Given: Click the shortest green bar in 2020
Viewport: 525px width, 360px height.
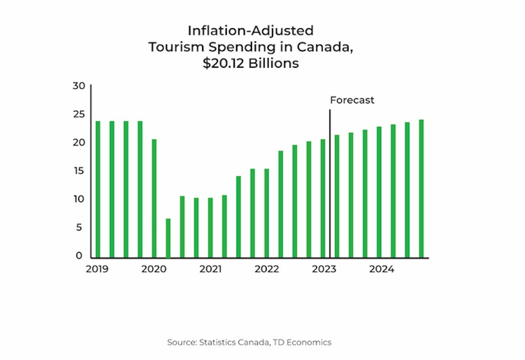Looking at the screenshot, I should point(168,238).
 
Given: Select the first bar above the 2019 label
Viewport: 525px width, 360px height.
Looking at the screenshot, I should point(98,189).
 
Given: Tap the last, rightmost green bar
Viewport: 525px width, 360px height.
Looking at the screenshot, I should point(421,189).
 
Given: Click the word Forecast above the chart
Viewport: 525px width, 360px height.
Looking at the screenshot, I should point(352,100).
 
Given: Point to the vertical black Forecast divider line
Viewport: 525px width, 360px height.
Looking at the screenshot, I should point(330,184).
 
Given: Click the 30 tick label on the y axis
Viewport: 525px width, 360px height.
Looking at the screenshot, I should point(78,86).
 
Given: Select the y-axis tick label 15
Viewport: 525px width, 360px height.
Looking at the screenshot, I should point(78,171).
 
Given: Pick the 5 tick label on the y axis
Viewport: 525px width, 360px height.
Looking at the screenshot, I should point(80,228).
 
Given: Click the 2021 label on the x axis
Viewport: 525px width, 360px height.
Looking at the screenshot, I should point(210,269).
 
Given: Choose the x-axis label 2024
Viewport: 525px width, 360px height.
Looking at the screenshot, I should point(381,269).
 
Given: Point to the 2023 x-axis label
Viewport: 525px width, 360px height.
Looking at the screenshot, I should point(324,269).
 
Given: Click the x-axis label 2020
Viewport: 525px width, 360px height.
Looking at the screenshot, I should point(154,269).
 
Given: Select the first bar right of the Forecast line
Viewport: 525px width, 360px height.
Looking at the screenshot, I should point(337,196).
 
